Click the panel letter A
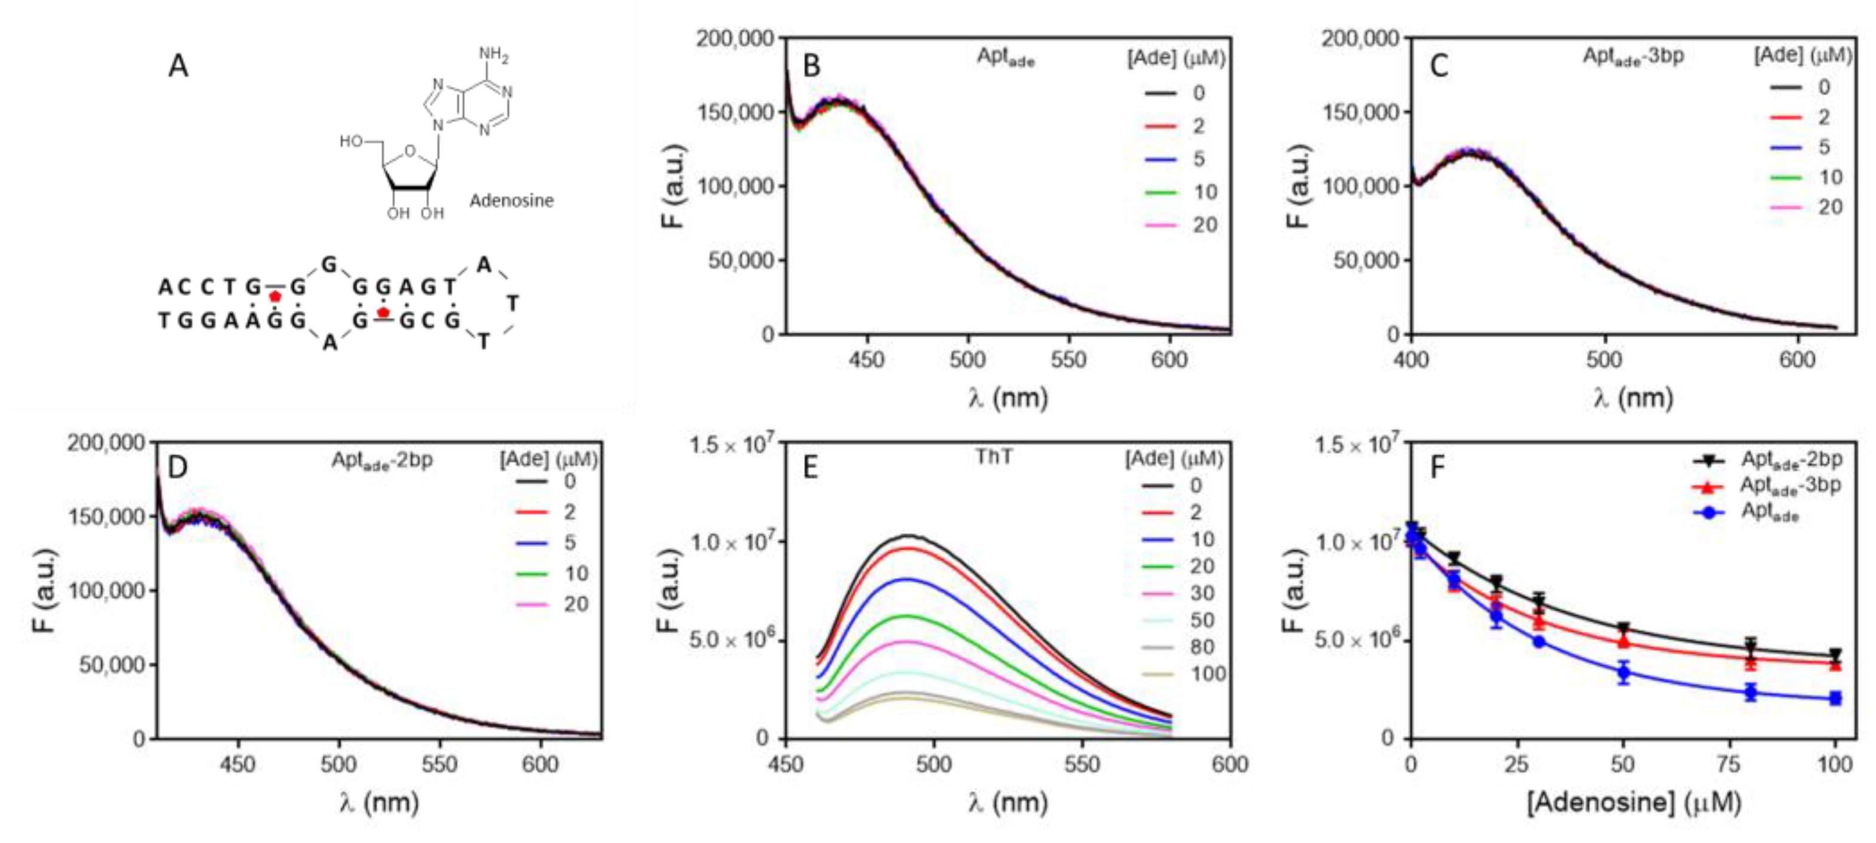pyautogui.click(x=178, y=66)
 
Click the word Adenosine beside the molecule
pyautogui.click(x=512, y=201)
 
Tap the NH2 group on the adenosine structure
pyautogui.click(x=494, y=55)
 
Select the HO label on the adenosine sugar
pyautogui.click(x=352, y=141)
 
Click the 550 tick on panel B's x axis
pyautogui.click(x=1068, y=360)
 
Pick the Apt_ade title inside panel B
pyautogui.click(x=1005, y=57)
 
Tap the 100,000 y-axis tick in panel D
pyautogui.click(x=106, y=591)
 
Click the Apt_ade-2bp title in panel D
pyautogui.click(x=381, y=462)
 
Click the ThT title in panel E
pyautogui.click(x=993, y=457)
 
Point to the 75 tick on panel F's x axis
pyautogui.click(x=1729, y=764)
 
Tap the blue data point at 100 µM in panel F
pyautogui.click(x=1835, y=698)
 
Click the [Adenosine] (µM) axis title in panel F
pyautogui.click(x=1634, y=802)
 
